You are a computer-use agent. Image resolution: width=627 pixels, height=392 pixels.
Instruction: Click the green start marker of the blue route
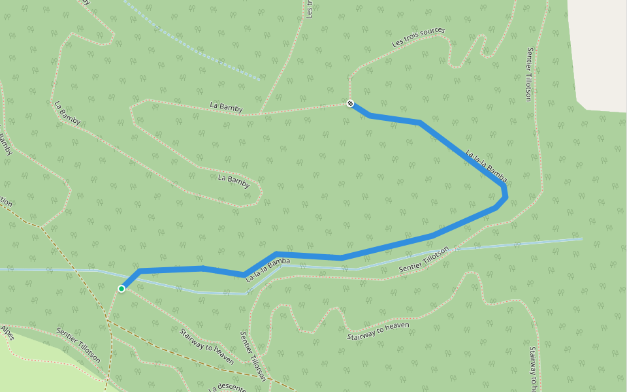[x=121, y=288]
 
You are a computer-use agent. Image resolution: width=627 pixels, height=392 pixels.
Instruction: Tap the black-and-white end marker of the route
[x=350, y=103]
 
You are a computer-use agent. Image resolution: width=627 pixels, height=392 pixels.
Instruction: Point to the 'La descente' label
[x=227, y=387]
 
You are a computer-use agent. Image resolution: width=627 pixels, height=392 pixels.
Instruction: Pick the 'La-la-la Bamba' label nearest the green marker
[x=267, y=270]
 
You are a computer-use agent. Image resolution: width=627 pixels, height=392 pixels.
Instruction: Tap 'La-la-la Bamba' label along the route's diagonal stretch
[x=486, y=164]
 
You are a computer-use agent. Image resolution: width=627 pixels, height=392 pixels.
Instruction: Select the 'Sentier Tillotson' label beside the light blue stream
[x=425, y=259]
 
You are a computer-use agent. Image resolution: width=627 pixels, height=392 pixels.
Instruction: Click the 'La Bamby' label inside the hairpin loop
[x=234, y=181]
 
